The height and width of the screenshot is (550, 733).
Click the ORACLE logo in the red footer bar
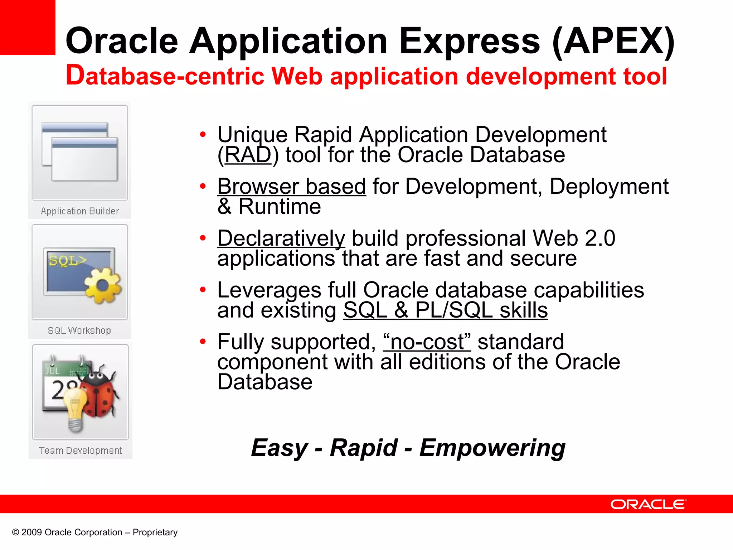click(x=648, y=504)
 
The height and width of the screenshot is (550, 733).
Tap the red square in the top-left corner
click(x=27, y=27)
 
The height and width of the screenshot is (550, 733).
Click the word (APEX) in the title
click(x=613, y=41)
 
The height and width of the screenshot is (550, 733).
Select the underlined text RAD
click(x=248, y=155)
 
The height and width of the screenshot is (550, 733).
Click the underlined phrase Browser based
click(x=291, y=187)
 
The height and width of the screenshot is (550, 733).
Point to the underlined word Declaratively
click(x=281, y=238)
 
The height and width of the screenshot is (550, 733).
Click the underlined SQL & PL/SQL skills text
click(x=445, y=310)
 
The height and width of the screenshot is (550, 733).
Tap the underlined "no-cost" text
click(x=427, y=342)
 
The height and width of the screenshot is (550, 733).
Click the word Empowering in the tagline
click(x=492, y=448)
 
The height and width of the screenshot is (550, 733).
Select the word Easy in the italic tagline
click(x=279, y=448)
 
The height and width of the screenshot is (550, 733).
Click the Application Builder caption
click(x=80, y=211)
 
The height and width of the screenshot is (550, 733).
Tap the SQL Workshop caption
click(x=79, y=331)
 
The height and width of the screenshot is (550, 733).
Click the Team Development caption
click(x=81, y=450)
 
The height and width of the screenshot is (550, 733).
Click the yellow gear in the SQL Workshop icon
click(x=103, y=286)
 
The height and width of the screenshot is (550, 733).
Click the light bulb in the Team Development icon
click(x=75, y=408)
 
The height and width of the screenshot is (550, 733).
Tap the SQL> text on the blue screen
click(x=67, y=260)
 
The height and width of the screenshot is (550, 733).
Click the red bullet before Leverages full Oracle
click(x=203, y=290)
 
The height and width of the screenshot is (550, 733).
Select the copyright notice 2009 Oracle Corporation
click(x=95, y=532)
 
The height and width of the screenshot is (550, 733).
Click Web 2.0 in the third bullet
click(x=574, y=238)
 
